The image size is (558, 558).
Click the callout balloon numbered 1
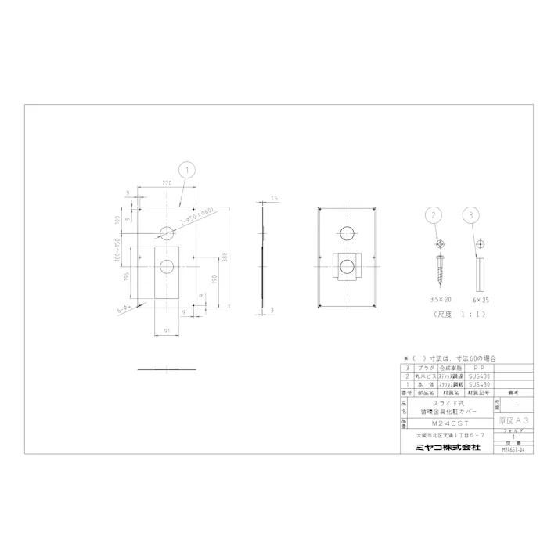[185, 167]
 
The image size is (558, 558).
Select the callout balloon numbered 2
[436, 214]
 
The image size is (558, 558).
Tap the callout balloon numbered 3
[470, 214]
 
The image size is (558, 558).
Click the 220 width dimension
[167, 182]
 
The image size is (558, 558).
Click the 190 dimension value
[214, 277]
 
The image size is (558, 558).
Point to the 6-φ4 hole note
[127, 307]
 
